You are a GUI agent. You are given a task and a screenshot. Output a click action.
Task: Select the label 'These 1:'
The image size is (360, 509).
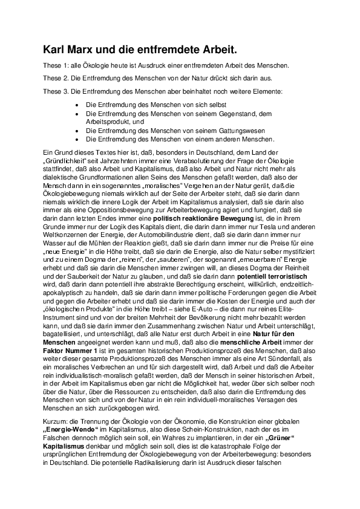[x=55, y=65]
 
